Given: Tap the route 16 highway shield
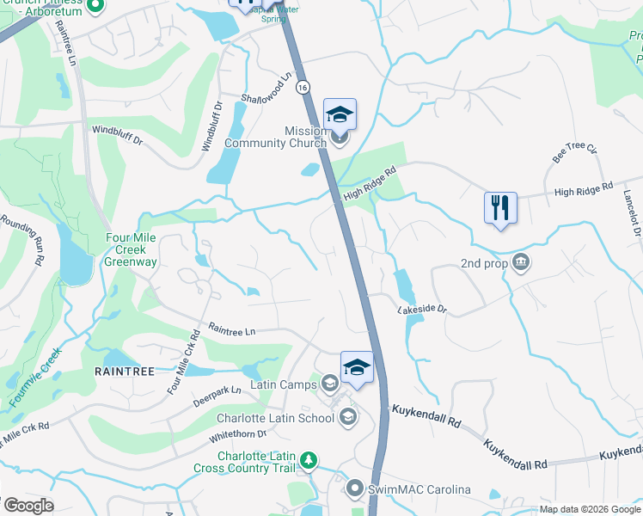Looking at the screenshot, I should click(x=303, y=88).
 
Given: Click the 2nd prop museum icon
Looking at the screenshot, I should click(x=520, y=262).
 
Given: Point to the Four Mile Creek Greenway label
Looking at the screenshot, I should click(x=132, y=249).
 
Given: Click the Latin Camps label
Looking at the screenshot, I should click(x=284, y=384).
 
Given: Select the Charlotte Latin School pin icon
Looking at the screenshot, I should click(x=348, y=418).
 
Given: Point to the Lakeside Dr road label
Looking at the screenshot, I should click(x=422, y=308).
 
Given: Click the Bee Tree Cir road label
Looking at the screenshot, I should click(x=574, y=152).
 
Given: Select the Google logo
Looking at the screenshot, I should click(x=28, y=506).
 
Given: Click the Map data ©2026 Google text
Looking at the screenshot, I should click(x=589, y=509).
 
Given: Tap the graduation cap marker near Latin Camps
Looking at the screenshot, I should click(x=357, y=368).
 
